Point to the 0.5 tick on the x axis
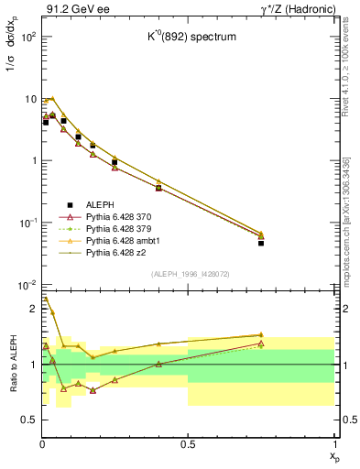click(x=188, y=444)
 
